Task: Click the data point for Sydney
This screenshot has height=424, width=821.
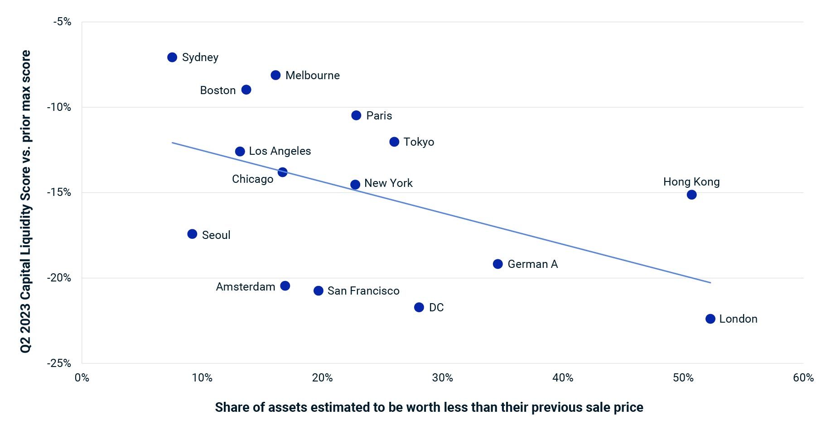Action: (x=172, y=57)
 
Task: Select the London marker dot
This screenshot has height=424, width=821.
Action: (x=710, y=319)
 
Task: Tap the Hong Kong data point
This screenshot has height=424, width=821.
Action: (x=691, y=195)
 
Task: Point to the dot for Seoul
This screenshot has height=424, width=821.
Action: (x=192, y=234)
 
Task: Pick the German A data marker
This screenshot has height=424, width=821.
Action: (x=497, y=264)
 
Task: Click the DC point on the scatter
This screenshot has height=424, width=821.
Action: (x=419, y=308)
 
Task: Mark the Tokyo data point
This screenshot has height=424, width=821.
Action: (x=394, y=142)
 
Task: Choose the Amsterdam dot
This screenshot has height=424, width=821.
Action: (x=285, y=286)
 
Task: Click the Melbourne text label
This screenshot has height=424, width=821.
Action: (x=312, y=76)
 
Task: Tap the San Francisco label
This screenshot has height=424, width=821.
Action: (x=363, y=291)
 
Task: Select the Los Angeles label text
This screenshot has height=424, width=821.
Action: (x=280, y=151)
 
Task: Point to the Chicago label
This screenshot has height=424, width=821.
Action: (x=252, y=179)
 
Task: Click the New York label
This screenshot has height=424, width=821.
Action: (x=388, y=183)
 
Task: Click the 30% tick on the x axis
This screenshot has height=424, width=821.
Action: (x=442, y=378)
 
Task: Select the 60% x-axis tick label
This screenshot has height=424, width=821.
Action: (x=803, y=378)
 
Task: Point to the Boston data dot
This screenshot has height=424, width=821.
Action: (x=246, y=90)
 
